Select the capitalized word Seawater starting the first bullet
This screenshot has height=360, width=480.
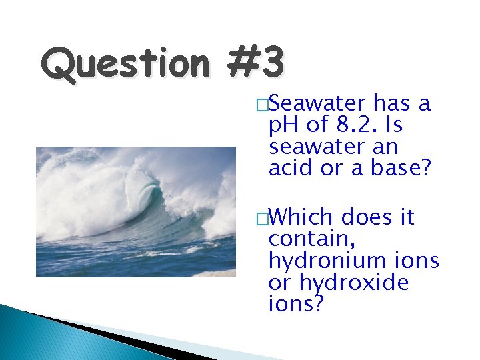[319, 105]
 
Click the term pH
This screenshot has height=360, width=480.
[283, 125]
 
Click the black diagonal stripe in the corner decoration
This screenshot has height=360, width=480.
[100, 336]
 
